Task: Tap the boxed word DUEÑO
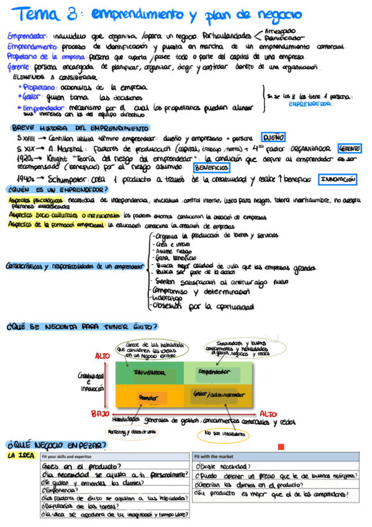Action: (x=272, y=138)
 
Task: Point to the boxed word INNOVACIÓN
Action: (x=338, y=179)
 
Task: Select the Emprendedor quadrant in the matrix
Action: (x=218, y=372)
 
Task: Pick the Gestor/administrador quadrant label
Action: (x=218, y=395)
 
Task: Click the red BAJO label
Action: (x=101, y=413)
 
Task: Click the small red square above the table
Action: (x=281, y=446)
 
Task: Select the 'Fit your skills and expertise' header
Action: (x=67, y=457)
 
